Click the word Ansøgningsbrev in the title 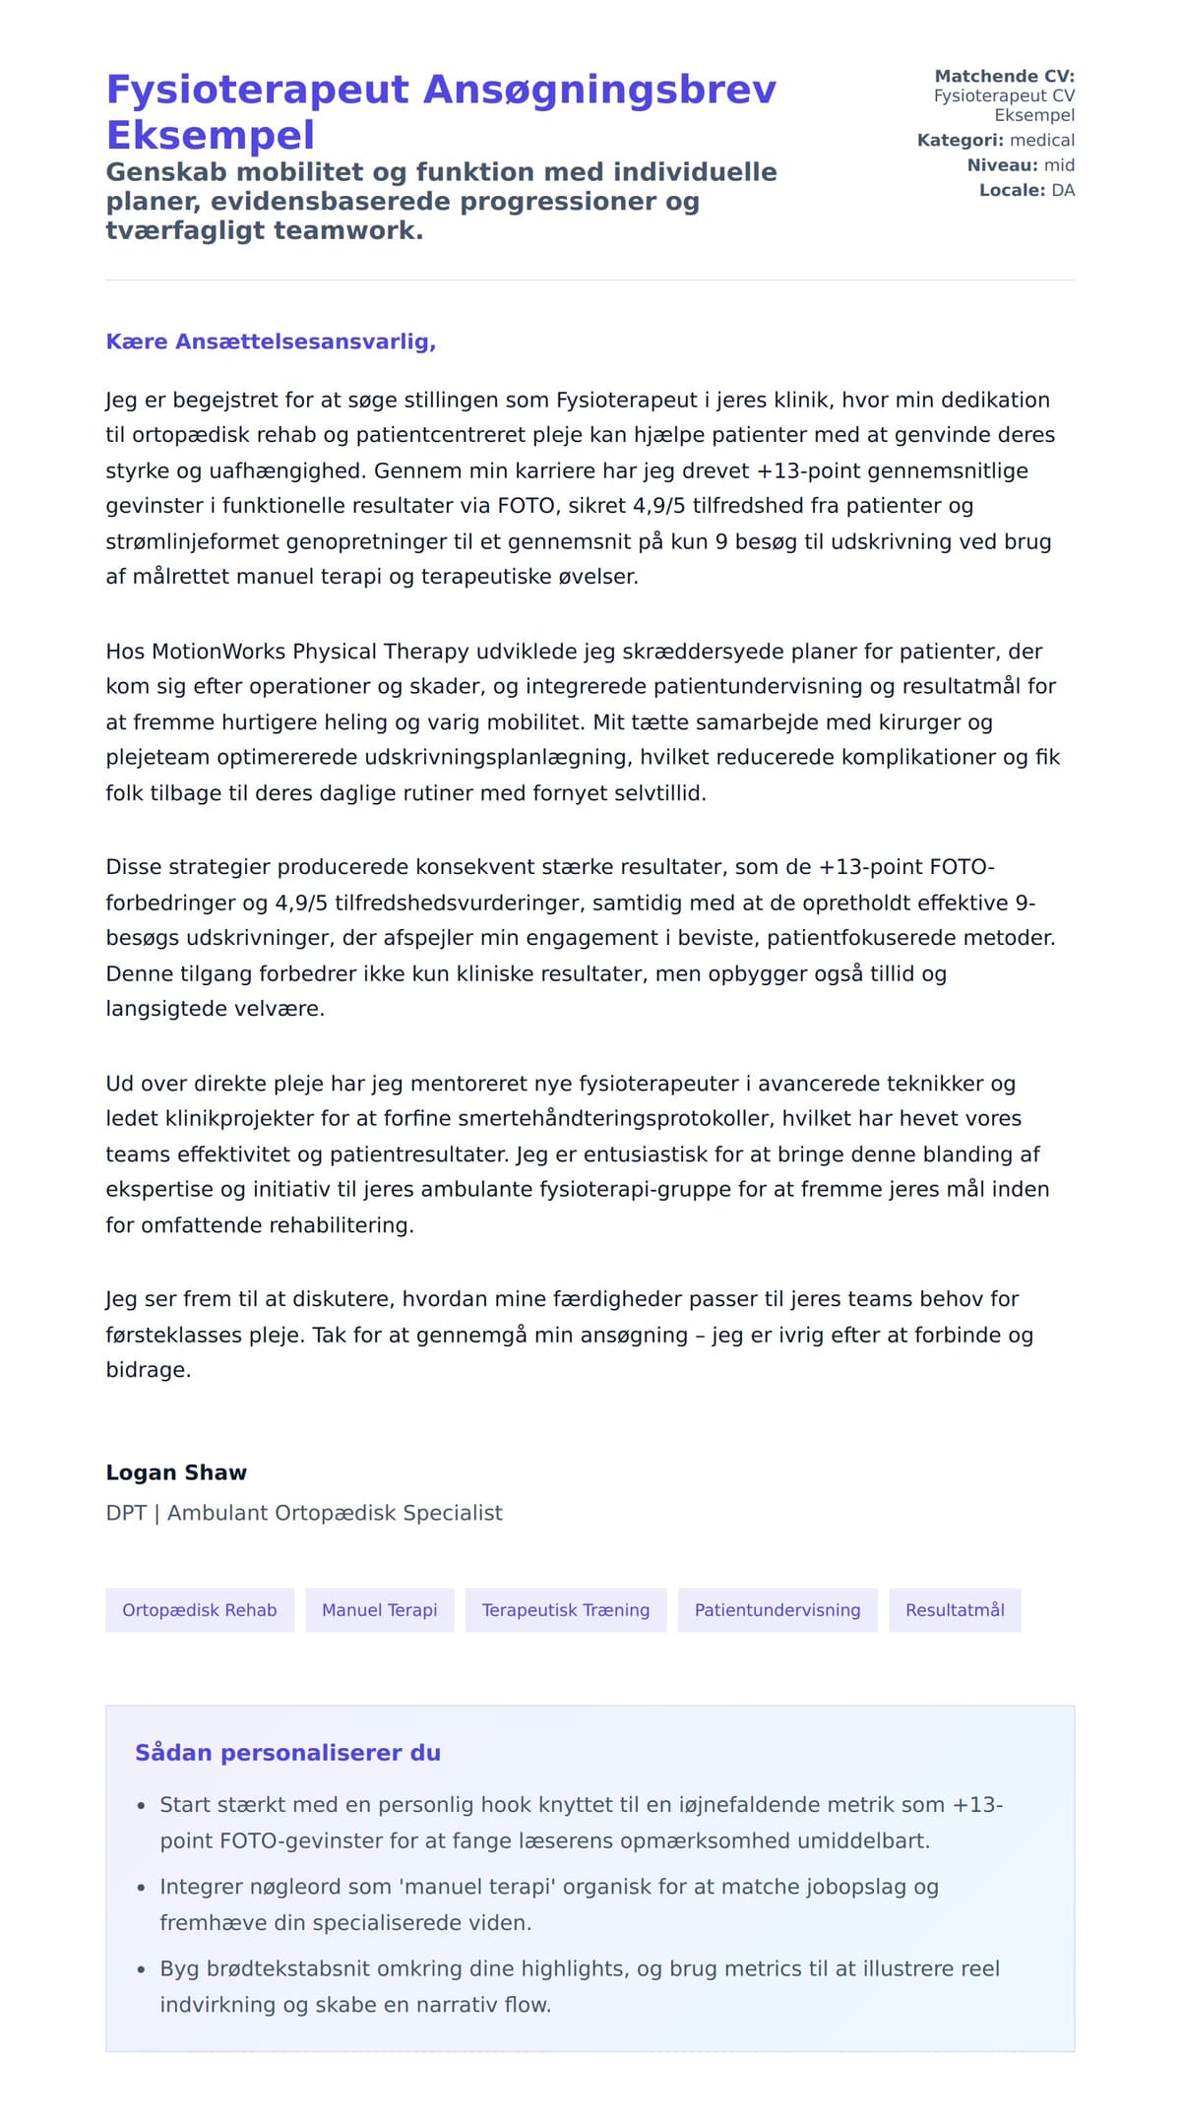pyautogui.click(x=599, y=90)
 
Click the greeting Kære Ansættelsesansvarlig pyautogui.click(x=271, y=342)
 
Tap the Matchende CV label pyautogui.click(x=1004, y=76)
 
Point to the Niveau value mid pyautogui.click(x=1059, y=165)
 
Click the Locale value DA pyautogui.click(x=1063, y=190)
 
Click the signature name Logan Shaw pyautogui.click(x=176, y=1472)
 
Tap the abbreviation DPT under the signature pyautogui.click(x=126, y=1513)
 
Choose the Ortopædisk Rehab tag pyautogui.click(x=200, y=1610)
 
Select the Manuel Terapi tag pyautogui.click(x=379, y=1610)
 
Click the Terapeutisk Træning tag pyautogui.click(x=566, y=1610)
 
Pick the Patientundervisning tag pyautogui.click(x=777, y=1610)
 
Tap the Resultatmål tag pyautogui.click(x=955, y=1610)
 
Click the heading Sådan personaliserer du pyautogui.click(x=287, y=1753)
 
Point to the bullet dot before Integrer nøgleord pyautogui.click(x=141, y=1888)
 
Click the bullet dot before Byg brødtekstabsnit pyautogui.click(x=141, y=1969)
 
